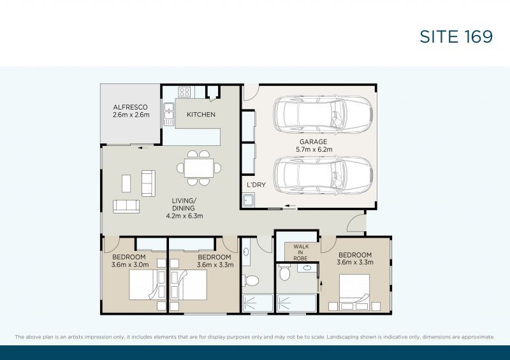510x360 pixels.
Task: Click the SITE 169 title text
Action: coord(456,36)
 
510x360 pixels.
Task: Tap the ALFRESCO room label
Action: coord(131,107)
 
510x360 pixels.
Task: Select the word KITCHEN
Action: coord(200,115)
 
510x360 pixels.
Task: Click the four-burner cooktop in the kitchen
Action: coord(185,91)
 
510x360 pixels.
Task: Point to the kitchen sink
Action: coord(168,113)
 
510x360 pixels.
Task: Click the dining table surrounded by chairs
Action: coord(200,168)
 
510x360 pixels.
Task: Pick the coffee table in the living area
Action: coord(126,184)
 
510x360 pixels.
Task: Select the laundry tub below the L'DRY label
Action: coord(250,201)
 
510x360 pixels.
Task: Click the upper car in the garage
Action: coord(323,113)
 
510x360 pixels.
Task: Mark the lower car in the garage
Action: coord(323,175)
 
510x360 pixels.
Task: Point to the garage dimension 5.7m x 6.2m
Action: coord(314,150)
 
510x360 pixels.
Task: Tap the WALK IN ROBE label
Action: coord(301,252)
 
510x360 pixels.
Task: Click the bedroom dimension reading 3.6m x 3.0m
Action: coord(129,264)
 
